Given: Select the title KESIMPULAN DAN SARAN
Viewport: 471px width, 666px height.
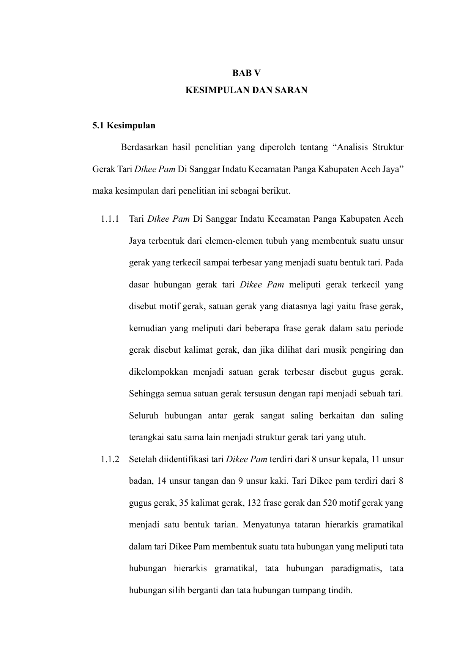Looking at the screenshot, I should [246, 90].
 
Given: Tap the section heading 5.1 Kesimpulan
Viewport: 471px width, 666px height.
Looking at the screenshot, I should [124, 126].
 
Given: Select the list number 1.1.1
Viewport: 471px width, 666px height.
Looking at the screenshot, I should [110, 219].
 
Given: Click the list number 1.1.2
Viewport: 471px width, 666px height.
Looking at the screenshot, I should [110, 459].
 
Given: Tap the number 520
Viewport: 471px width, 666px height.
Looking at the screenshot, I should [329, 503].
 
